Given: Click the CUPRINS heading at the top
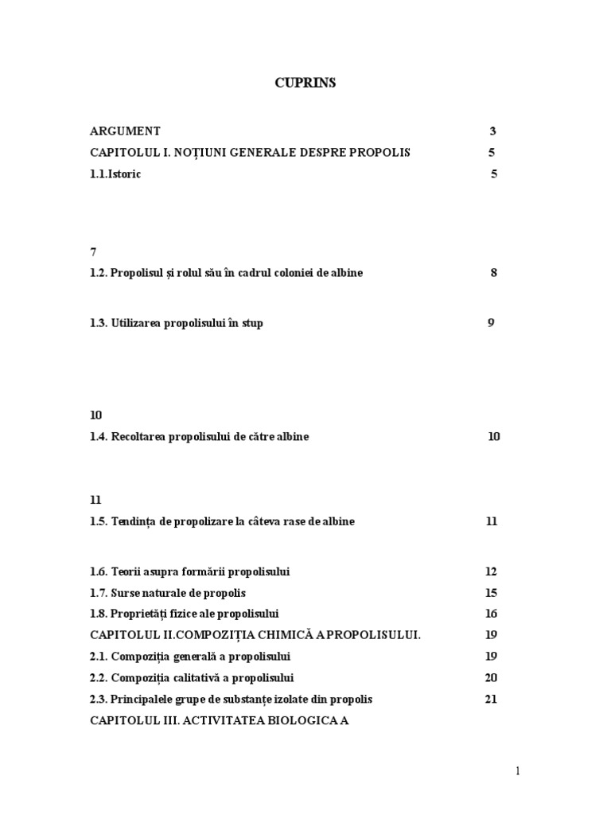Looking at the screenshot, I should (305, 83).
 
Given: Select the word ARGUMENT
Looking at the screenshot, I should (125, 131).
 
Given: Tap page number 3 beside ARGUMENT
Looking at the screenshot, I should (493, 131).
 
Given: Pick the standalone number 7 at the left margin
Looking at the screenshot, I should (93, 252).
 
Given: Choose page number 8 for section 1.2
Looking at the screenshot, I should (494, 273).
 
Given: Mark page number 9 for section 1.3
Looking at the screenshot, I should (491, 323).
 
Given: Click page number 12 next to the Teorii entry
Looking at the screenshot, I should (491, 571).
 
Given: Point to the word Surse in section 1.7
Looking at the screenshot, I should (126, 593).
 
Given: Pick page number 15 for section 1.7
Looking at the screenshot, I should (491, 593).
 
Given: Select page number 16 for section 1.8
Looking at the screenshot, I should (491, 614).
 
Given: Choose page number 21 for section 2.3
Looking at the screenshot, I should (491, 700).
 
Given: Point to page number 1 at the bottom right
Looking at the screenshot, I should (517, 770).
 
